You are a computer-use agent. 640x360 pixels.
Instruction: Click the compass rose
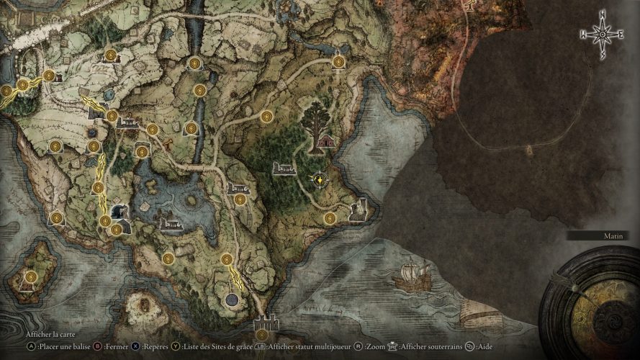point(600,33)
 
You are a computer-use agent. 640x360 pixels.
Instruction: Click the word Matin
point(614,235)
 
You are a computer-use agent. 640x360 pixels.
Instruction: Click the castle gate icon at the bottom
point(266,322)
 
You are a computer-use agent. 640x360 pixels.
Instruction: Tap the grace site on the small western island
point(30,277)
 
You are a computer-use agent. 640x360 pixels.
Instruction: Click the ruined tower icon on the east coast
point(358,210)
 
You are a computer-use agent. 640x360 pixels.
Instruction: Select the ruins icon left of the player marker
point(284,168)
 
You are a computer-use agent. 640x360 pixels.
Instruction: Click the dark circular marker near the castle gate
point(232,300)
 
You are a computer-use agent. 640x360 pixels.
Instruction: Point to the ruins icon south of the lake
point(172,225)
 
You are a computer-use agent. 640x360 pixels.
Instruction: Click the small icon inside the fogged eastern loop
point(529,150)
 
